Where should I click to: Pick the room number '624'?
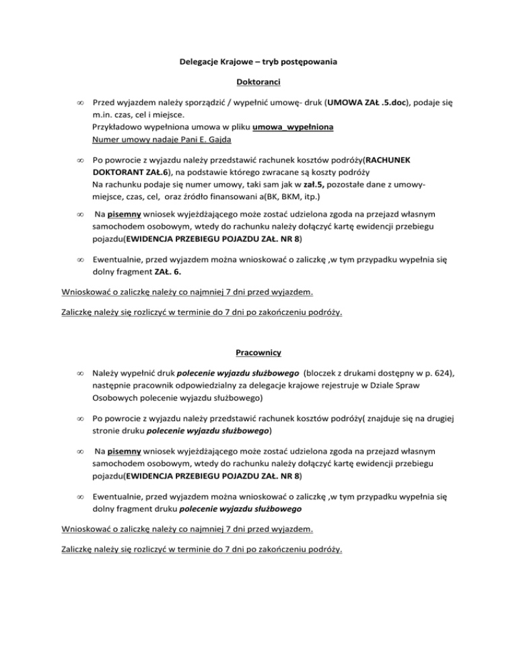[438, 374]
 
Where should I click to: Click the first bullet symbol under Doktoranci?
[79, 106]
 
